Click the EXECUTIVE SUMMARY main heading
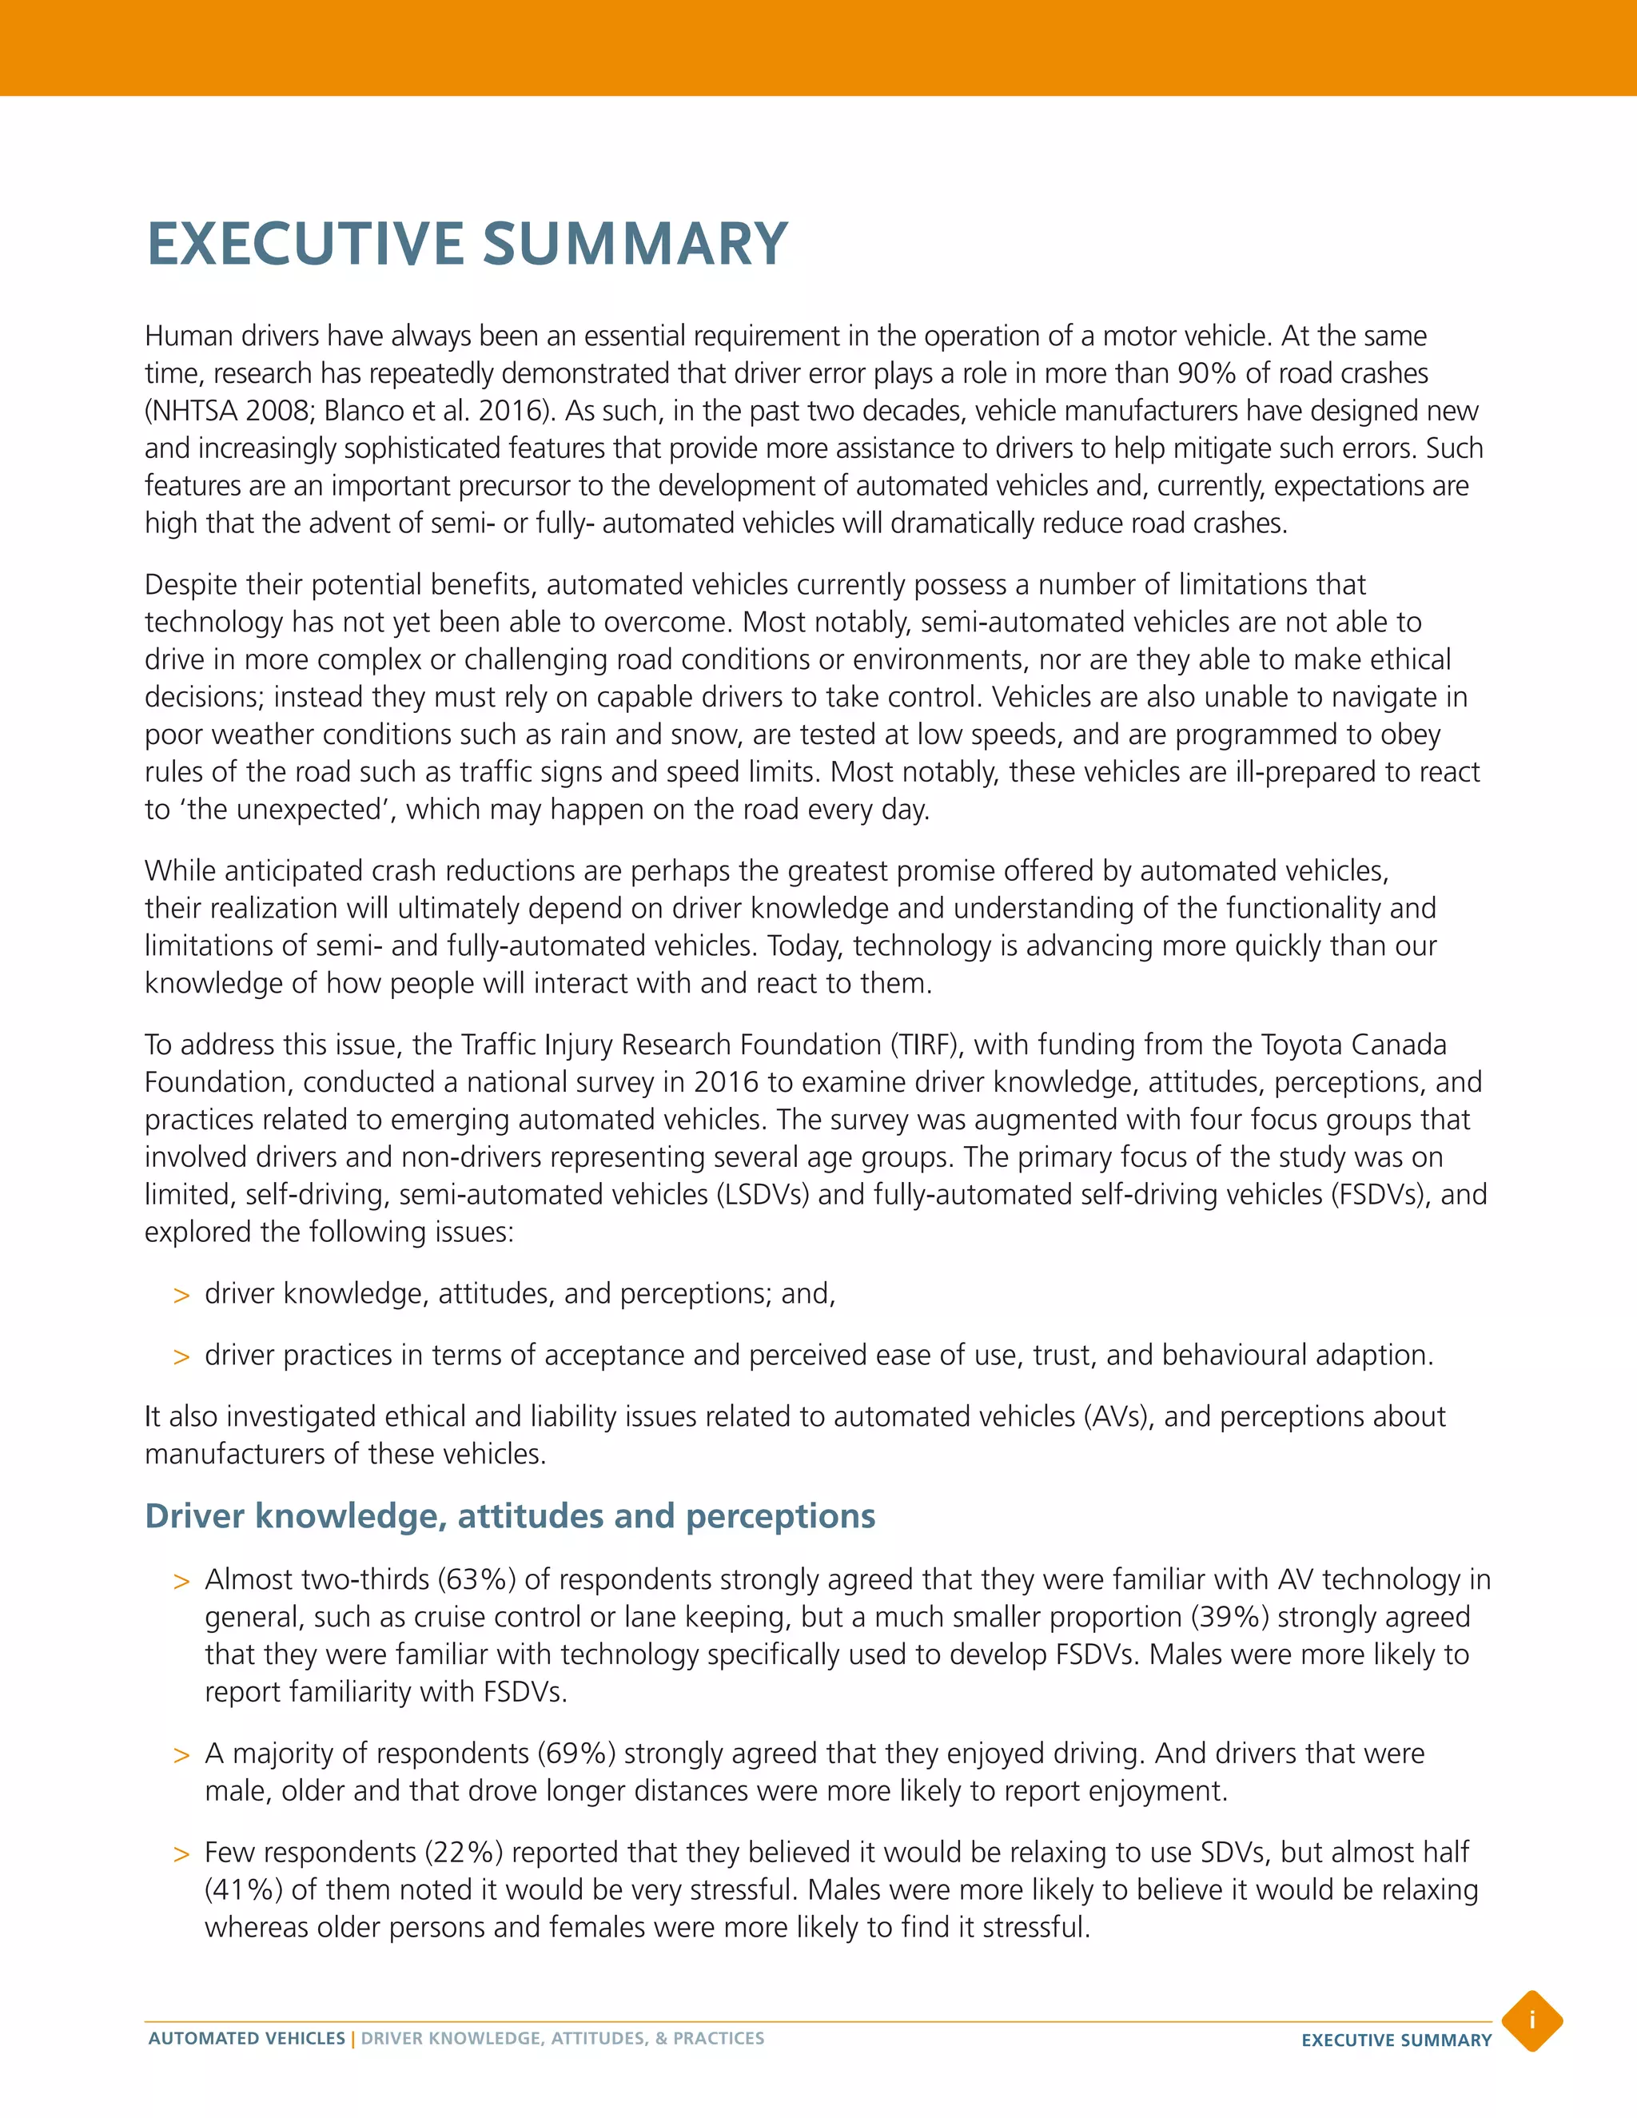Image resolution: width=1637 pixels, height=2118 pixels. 467,244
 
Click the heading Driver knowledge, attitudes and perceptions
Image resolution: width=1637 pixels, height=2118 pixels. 509,1515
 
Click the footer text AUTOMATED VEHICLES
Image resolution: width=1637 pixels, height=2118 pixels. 246,2039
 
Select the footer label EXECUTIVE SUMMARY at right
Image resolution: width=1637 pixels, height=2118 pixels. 1396,2040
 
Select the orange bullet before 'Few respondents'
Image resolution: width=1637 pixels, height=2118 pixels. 181,1854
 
